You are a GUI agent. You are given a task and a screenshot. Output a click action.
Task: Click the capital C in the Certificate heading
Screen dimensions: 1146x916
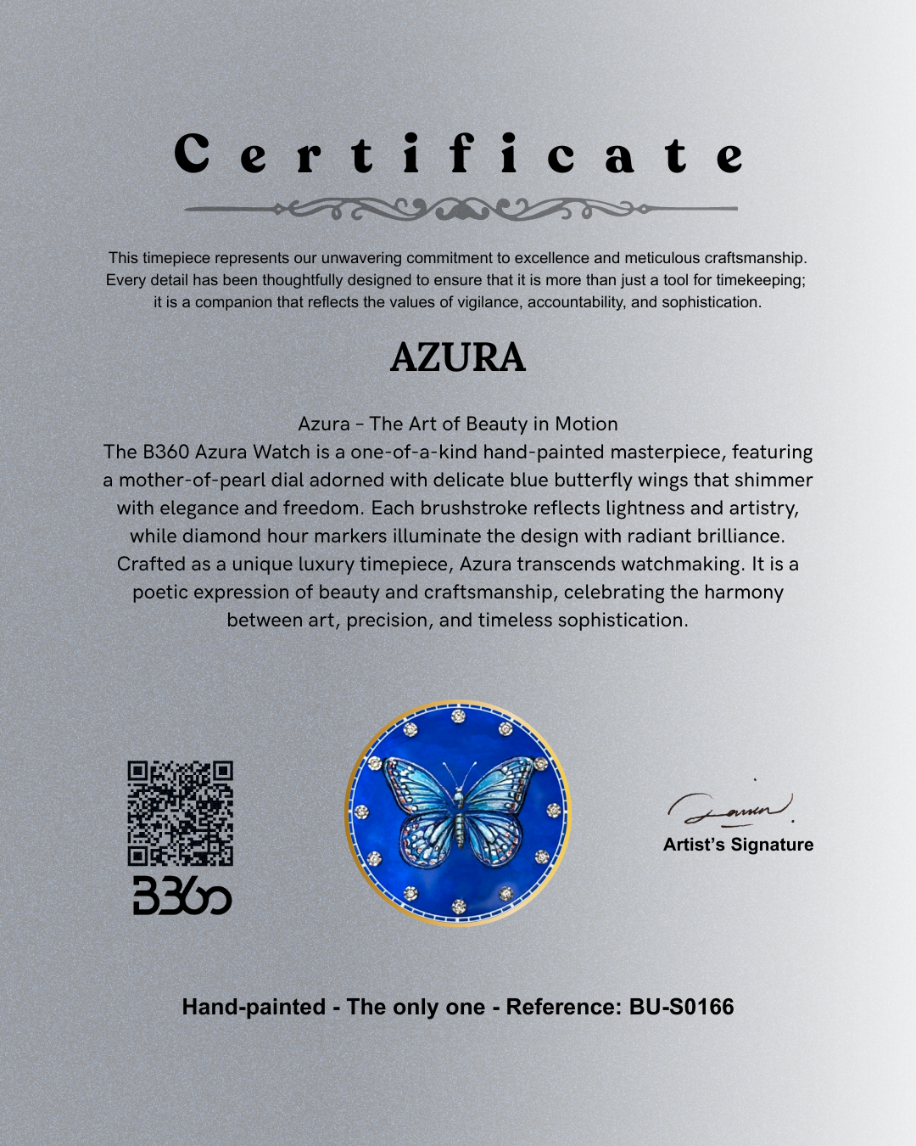click(x=192, y=154)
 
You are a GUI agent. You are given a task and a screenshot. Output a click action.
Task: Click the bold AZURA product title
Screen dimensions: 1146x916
click(x=458, y=357)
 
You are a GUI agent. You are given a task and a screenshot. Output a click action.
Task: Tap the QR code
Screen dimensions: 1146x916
click(x=180, y=813)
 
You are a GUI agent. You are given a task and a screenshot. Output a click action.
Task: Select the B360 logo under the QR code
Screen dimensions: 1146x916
click(x=182, y=896)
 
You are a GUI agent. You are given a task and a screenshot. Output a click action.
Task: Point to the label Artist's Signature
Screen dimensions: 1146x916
click(x=738, y=845)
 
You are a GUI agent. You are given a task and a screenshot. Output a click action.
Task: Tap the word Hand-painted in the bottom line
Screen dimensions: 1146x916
click(x=254, y=1007)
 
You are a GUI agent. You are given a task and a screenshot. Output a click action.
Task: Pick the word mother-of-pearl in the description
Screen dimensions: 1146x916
click(x=193, y=480)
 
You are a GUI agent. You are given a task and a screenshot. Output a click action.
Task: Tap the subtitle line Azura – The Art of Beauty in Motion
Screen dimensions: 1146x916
click(x=458, y=424)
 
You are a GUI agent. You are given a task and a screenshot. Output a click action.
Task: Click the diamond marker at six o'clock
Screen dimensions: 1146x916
click(x=459, y=907)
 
